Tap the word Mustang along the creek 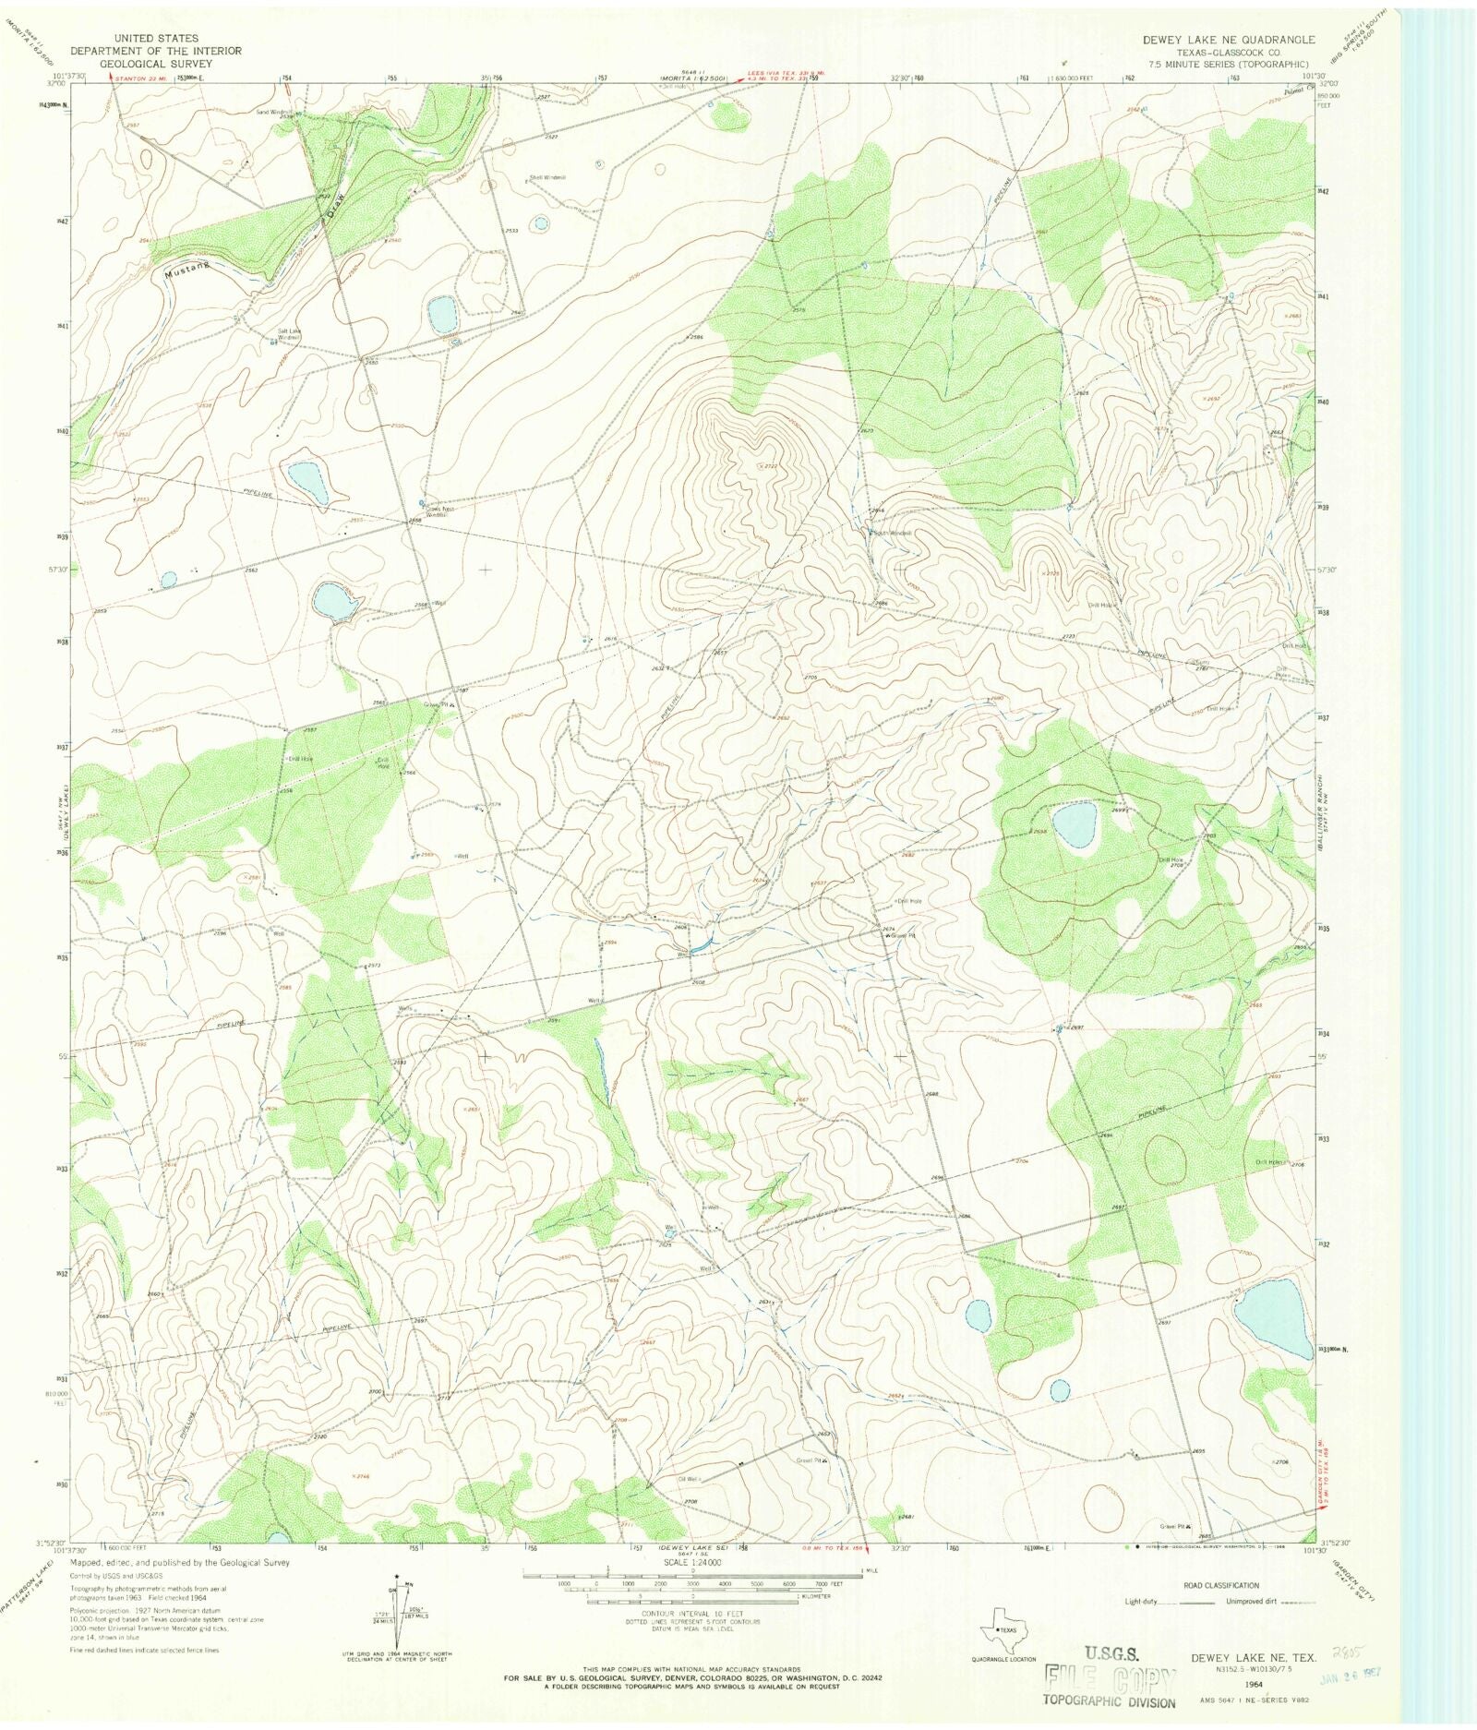click(188, 267)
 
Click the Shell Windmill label click(546, 177)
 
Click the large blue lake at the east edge click(1271, 1312)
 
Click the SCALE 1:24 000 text click(692, 1562)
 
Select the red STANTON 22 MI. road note click(143, 78)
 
